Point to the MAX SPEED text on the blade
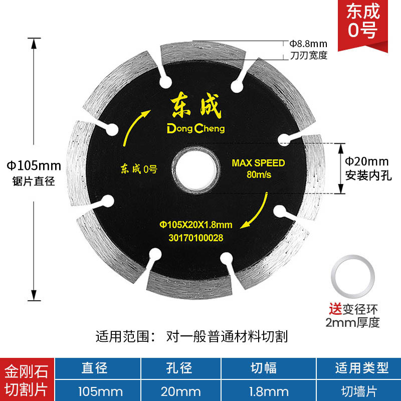pos(258,163)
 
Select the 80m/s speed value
pos(258,175)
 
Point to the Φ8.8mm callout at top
pos(308,44)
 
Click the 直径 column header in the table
pos(95,368)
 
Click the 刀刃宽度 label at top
pos(308,55)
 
